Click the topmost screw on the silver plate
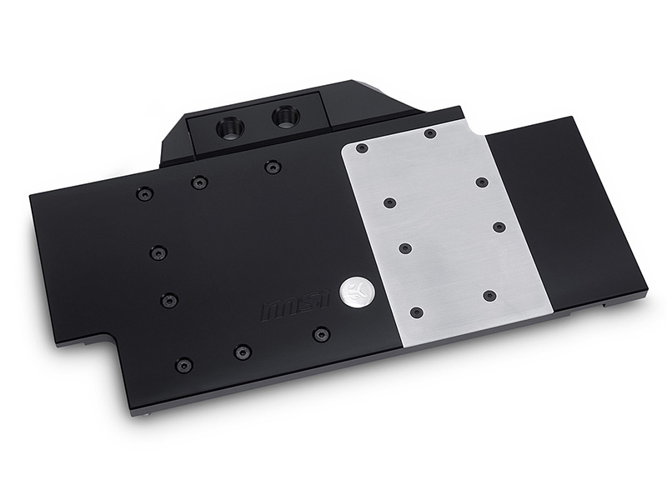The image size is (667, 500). point(430,134)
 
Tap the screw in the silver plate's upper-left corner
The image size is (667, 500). point(362,149)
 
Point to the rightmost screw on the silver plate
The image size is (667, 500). point(499,227)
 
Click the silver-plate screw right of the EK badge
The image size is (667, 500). point(489,296)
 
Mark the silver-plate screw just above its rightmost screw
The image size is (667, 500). point(481,182)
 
